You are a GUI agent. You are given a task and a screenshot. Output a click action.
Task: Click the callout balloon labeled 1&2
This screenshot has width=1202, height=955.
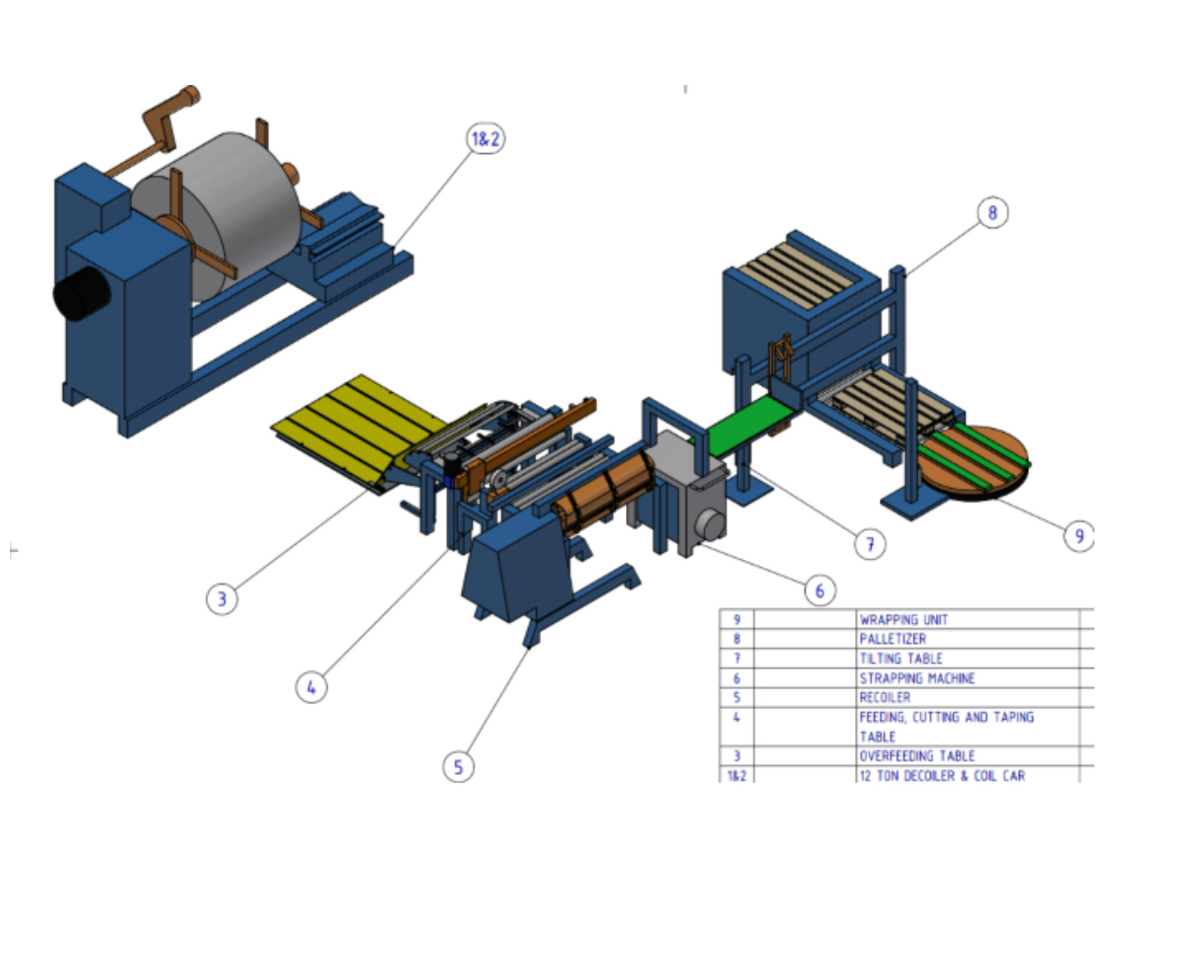click(485, 138)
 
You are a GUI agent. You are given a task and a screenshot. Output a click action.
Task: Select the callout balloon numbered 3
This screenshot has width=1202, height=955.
click(222, 599)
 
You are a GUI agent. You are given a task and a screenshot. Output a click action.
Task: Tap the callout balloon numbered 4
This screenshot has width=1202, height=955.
click(311, 687)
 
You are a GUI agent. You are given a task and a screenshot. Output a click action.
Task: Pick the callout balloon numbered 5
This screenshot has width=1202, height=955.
click(458, 767)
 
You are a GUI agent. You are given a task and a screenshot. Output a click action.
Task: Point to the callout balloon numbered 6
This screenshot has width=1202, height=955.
click(820, 591)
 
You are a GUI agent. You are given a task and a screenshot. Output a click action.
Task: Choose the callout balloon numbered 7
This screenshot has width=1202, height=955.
click(870, 544)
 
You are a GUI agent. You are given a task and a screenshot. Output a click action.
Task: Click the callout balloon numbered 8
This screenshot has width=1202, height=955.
click(993, 212)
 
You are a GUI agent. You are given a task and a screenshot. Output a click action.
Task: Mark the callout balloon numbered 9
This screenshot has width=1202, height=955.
click(1079, 536)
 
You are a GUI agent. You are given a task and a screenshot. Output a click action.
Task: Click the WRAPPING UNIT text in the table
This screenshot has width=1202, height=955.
click(904, 620)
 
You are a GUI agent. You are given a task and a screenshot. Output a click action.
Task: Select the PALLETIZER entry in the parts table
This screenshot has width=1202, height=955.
click(893, 639)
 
